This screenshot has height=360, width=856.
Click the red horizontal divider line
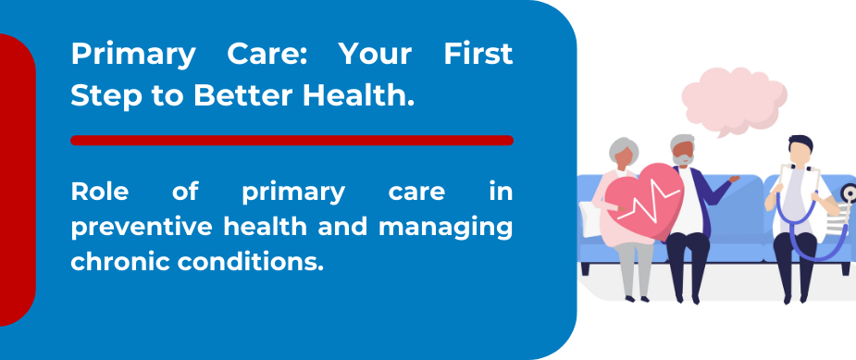click(x=292, y=141)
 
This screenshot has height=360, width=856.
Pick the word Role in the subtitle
click(x=100, y=192)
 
